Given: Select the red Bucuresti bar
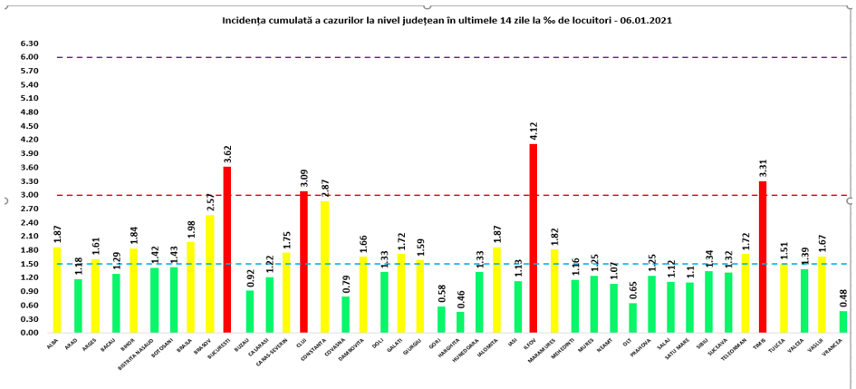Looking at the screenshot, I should click(x=226, y=249).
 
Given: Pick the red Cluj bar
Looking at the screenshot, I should click(x=303, y=262).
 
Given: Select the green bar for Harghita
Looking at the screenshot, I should click(x=460, y=322).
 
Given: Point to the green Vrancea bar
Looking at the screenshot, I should click(x=844, y=322).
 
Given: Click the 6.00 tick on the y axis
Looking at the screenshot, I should click(x=30, y=57).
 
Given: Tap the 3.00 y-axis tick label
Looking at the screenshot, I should click(x=30, y=195).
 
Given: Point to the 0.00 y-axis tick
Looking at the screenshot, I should click(x=30, y=333).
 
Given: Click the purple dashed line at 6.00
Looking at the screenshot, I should click(x=453, y=57).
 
